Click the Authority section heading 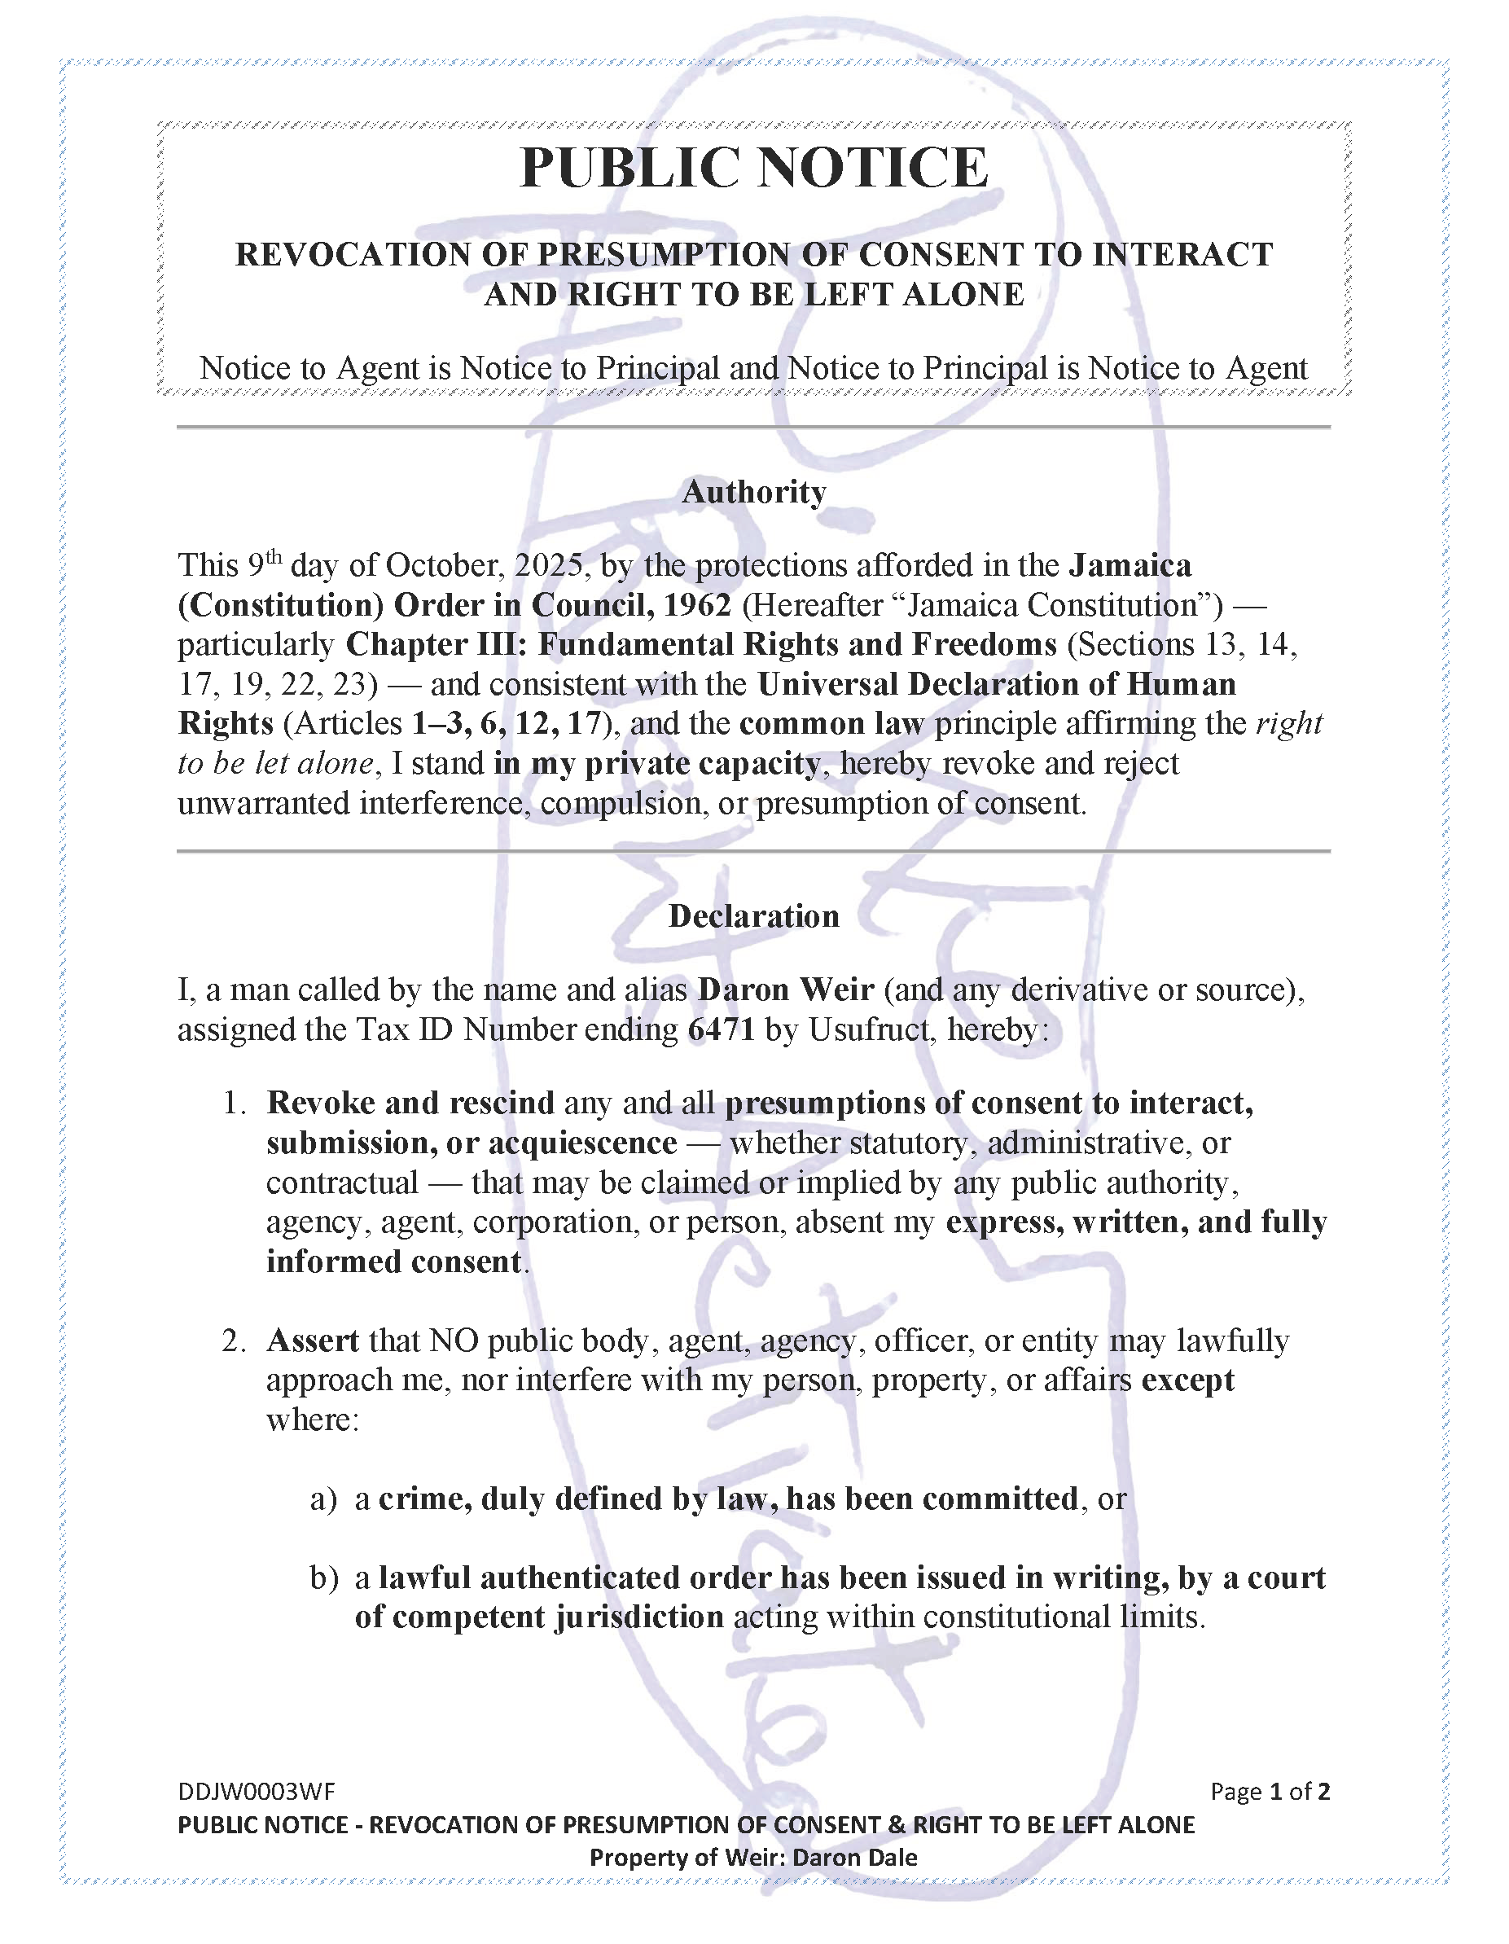point(753,491)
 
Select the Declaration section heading point(753,916)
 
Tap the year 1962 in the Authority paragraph point(697,605)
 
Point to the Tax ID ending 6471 point(722,1030)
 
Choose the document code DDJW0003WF point(257,1791)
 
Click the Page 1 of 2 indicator point(1270,1791)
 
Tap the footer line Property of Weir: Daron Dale point(753,1858)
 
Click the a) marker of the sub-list point(323,1499)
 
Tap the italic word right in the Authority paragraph point(1288,724)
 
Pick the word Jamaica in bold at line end point(1130,566)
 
